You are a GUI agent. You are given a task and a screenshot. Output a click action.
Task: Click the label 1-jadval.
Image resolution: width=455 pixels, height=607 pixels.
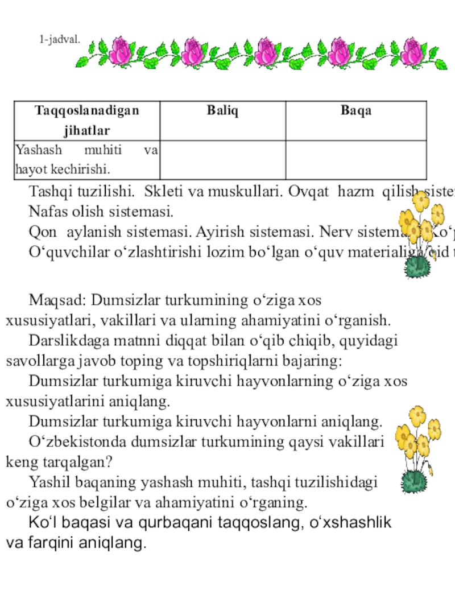[x=60, y=40]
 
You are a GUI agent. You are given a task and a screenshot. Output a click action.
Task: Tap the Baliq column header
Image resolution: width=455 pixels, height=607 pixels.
[x=222, y=110]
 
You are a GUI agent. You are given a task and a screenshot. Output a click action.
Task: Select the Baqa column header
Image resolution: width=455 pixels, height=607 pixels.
[x=356, y=110]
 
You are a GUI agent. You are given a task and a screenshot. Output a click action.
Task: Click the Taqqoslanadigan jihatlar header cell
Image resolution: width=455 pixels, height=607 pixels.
[x=87, y=120]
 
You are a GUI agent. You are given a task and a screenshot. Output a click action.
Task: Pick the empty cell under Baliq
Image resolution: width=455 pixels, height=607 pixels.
[x=222, y=160]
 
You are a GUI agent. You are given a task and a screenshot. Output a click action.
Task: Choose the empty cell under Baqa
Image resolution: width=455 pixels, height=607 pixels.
[x=356, y=160]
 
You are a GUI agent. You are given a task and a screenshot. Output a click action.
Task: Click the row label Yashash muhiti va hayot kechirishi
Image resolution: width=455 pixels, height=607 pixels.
[x=87, y=160]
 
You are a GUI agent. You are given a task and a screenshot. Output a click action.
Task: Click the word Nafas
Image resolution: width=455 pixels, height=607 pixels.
[x=47, y=213]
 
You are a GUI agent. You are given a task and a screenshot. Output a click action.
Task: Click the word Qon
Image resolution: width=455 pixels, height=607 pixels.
[x=41, y=232]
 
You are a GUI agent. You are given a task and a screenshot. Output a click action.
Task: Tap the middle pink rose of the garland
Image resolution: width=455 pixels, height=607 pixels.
[x=265, y=51]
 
